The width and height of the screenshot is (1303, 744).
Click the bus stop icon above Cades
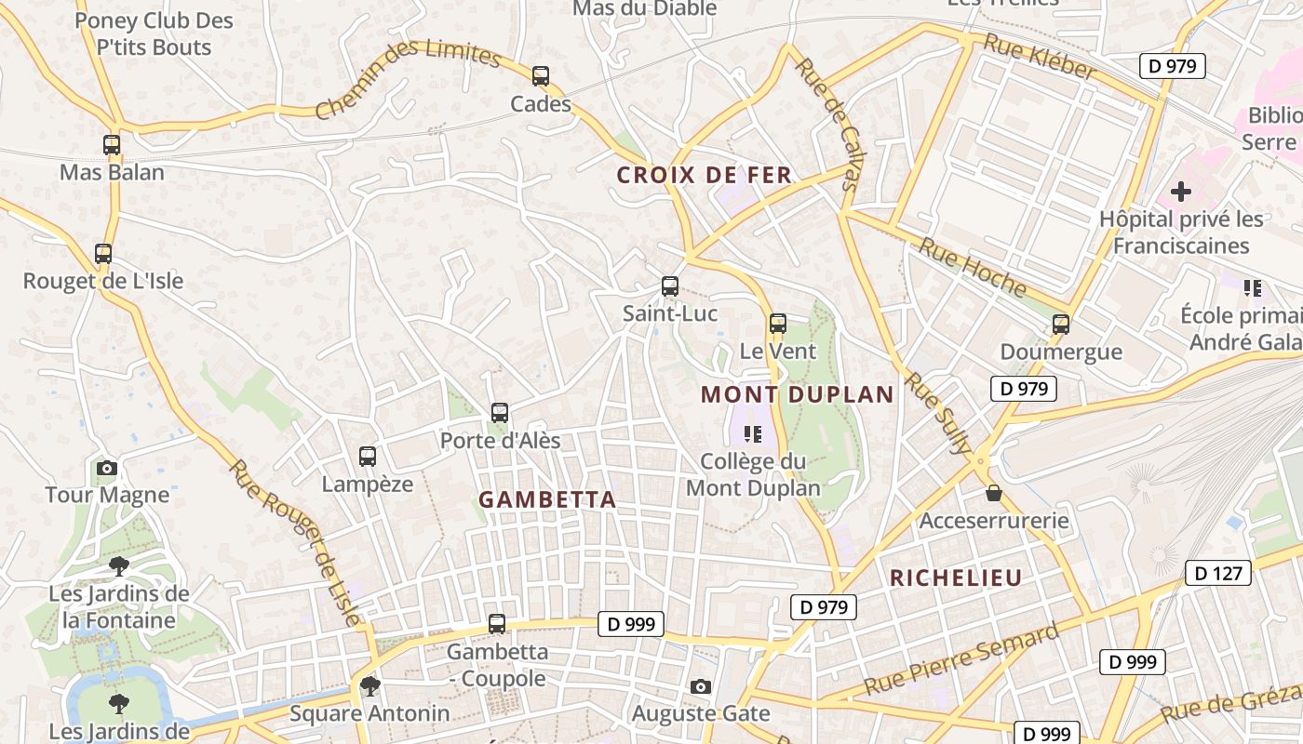point(541,76)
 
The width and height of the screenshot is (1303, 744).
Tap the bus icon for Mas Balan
point(112,145)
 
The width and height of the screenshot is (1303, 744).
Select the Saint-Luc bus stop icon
point(670,286)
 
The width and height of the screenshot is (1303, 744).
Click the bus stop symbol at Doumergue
point(1061,325)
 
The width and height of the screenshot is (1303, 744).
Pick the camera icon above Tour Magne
point(107,468)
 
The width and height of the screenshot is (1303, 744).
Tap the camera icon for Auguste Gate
point(701,686)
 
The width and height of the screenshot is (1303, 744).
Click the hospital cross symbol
point(1181,193)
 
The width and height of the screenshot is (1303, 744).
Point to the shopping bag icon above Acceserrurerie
point(994,493)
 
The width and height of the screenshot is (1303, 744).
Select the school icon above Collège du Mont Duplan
point(753,433)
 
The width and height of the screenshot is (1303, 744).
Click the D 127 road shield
point(1218,573)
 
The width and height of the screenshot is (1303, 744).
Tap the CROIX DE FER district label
point(705,175)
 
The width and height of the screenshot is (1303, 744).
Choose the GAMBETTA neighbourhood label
point(547,499)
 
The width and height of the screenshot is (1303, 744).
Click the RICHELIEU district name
point(956,578)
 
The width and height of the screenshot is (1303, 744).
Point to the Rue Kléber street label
point(1040,57)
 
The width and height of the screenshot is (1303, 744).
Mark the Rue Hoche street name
point(973,267)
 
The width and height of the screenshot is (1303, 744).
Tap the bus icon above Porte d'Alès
point(500,412)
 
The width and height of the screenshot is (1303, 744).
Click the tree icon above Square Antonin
point(370,686)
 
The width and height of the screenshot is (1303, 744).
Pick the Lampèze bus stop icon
point(368,457)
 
